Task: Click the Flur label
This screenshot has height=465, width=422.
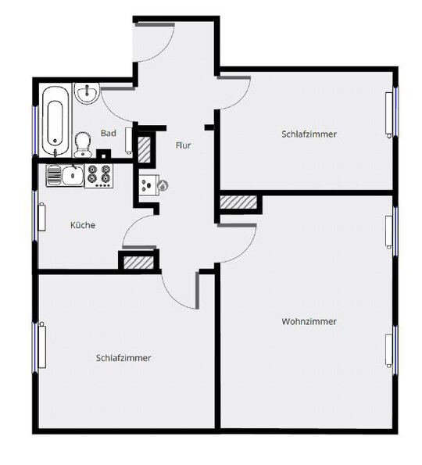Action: [x=184, y=145]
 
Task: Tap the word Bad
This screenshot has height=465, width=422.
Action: [x=109, y=133]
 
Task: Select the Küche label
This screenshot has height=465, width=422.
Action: [x=83, y=225]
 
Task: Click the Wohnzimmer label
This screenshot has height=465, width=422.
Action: [x=309, y=321]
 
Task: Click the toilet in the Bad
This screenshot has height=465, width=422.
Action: [x=82, y=145]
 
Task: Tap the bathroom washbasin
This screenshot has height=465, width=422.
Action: [x=87, y=93]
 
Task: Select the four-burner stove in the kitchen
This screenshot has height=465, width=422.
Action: [x=99, y=176]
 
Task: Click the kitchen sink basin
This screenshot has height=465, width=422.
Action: [x=72, y=176]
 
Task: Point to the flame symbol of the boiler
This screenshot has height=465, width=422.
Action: [x=163, y=186]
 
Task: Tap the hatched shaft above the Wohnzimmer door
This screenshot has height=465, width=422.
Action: [x=238, y=202]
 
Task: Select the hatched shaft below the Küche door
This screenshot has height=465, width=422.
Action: [x=138, y=263]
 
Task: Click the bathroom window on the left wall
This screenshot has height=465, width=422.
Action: [x=35, y=131]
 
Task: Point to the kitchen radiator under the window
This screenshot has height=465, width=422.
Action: [x=42, y=216]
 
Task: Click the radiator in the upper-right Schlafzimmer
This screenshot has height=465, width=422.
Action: [x=389, y=115]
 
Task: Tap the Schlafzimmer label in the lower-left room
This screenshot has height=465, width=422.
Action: [x=123, y=358]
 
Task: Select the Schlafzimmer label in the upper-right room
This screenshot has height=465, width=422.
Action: [x=309, y=134]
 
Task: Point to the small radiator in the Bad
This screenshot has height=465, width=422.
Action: [x=129, y=141]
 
